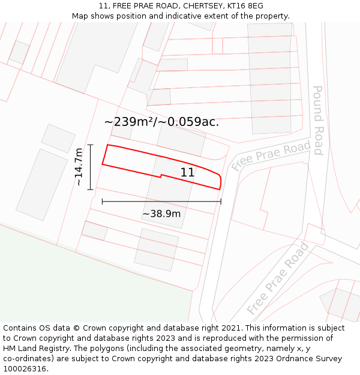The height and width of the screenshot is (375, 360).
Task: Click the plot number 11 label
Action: click(187, 172)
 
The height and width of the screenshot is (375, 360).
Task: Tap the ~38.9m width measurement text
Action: click(161, 214)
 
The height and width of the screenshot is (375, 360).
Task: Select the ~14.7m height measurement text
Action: click(79, 167)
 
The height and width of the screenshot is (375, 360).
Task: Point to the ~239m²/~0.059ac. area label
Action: click(161, 122)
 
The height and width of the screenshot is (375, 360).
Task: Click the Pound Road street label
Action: click(318, 120)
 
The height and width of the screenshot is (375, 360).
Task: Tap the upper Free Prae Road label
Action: click(272, 155)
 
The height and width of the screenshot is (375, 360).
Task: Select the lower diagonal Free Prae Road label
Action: click(278, 278)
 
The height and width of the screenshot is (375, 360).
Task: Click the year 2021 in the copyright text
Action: click(231, 328)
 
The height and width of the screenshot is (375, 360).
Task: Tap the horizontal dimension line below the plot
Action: click(161, 202)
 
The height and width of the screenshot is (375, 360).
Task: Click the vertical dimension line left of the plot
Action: click(90, 167)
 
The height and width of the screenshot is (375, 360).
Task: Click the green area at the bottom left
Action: click(72, 282)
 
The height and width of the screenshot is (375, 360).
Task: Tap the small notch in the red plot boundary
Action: click(160, 176)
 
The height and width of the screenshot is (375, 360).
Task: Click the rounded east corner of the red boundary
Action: click(220, 180)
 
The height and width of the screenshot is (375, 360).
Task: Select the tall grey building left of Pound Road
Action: click(270, 78)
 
